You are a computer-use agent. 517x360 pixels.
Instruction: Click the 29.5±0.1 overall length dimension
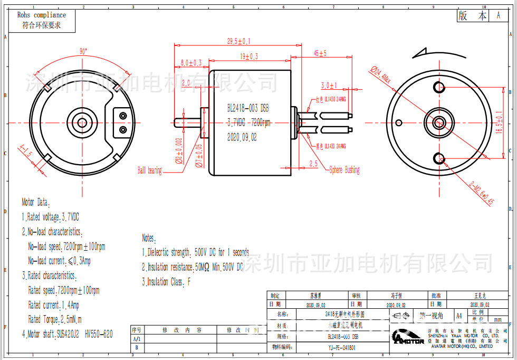click(238, 41)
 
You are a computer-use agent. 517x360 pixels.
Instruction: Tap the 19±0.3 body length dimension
click(249, 56)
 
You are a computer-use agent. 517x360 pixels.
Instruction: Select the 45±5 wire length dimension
click(320, 53)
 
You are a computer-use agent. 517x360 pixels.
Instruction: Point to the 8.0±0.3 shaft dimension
click(191, 63)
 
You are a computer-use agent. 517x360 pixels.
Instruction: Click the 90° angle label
click(83, 52)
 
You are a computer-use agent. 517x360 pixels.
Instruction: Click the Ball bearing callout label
click(149, 170)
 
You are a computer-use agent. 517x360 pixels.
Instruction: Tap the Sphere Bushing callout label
click(344, 170)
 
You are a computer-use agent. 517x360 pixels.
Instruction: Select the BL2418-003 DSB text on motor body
click(248, 108)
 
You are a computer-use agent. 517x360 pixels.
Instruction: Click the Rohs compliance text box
click(42, 20)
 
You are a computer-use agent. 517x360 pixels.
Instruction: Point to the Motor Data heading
click(35, 202)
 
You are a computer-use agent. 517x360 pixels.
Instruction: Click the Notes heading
click(148, 238)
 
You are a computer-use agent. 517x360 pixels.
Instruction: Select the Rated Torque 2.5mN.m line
click(55, 319)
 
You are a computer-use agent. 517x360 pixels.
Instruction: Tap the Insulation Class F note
click(166, 282)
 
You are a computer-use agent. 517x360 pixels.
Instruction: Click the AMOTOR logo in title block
click(407, 338)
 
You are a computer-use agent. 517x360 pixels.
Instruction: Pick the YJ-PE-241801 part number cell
click(341, 347)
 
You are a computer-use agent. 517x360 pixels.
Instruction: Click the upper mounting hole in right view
click(439, 87)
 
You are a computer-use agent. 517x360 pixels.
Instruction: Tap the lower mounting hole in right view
click(439, 156)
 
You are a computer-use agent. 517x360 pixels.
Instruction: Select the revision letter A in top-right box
click(498, 16)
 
